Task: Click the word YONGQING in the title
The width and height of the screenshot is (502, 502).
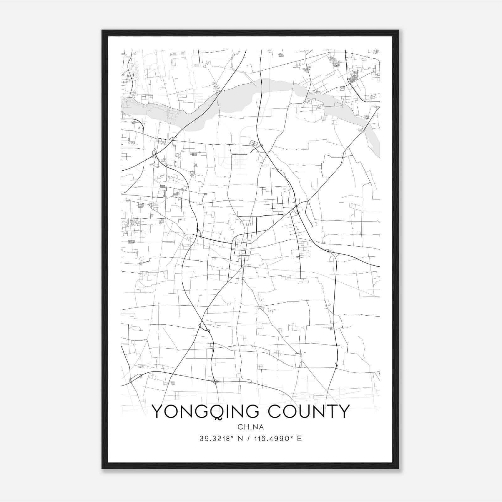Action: point(207,411)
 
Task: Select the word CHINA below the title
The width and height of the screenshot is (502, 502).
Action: point(251,427)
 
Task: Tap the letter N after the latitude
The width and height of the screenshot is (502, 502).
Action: point(241,439)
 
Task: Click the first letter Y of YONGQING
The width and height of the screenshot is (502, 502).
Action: point(157,411)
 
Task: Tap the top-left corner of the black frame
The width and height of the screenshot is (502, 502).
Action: point(102,30)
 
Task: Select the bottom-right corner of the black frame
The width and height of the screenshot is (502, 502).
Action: point(398,469)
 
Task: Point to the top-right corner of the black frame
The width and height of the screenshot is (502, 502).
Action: point(398,30)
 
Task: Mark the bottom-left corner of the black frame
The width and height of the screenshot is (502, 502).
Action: point(102,469)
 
